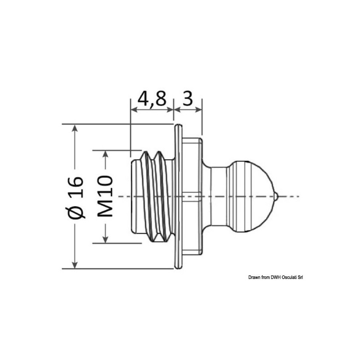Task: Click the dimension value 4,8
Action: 152,99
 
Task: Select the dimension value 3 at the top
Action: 188,99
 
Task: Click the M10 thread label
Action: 105,196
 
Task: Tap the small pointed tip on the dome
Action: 276,196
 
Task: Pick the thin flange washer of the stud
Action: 178,196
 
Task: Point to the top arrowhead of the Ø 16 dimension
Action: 75,128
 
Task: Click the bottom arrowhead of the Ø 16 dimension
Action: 75,265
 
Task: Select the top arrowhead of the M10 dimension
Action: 105,154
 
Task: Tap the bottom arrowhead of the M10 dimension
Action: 105,239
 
